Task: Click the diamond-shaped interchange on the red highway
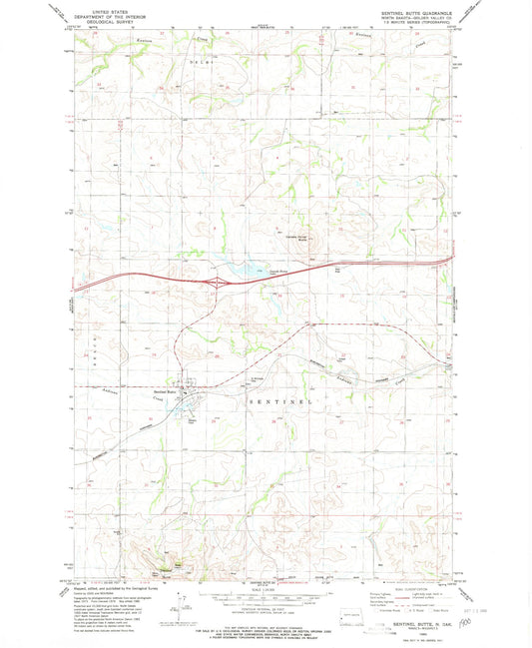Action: [x=215, y=284]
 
